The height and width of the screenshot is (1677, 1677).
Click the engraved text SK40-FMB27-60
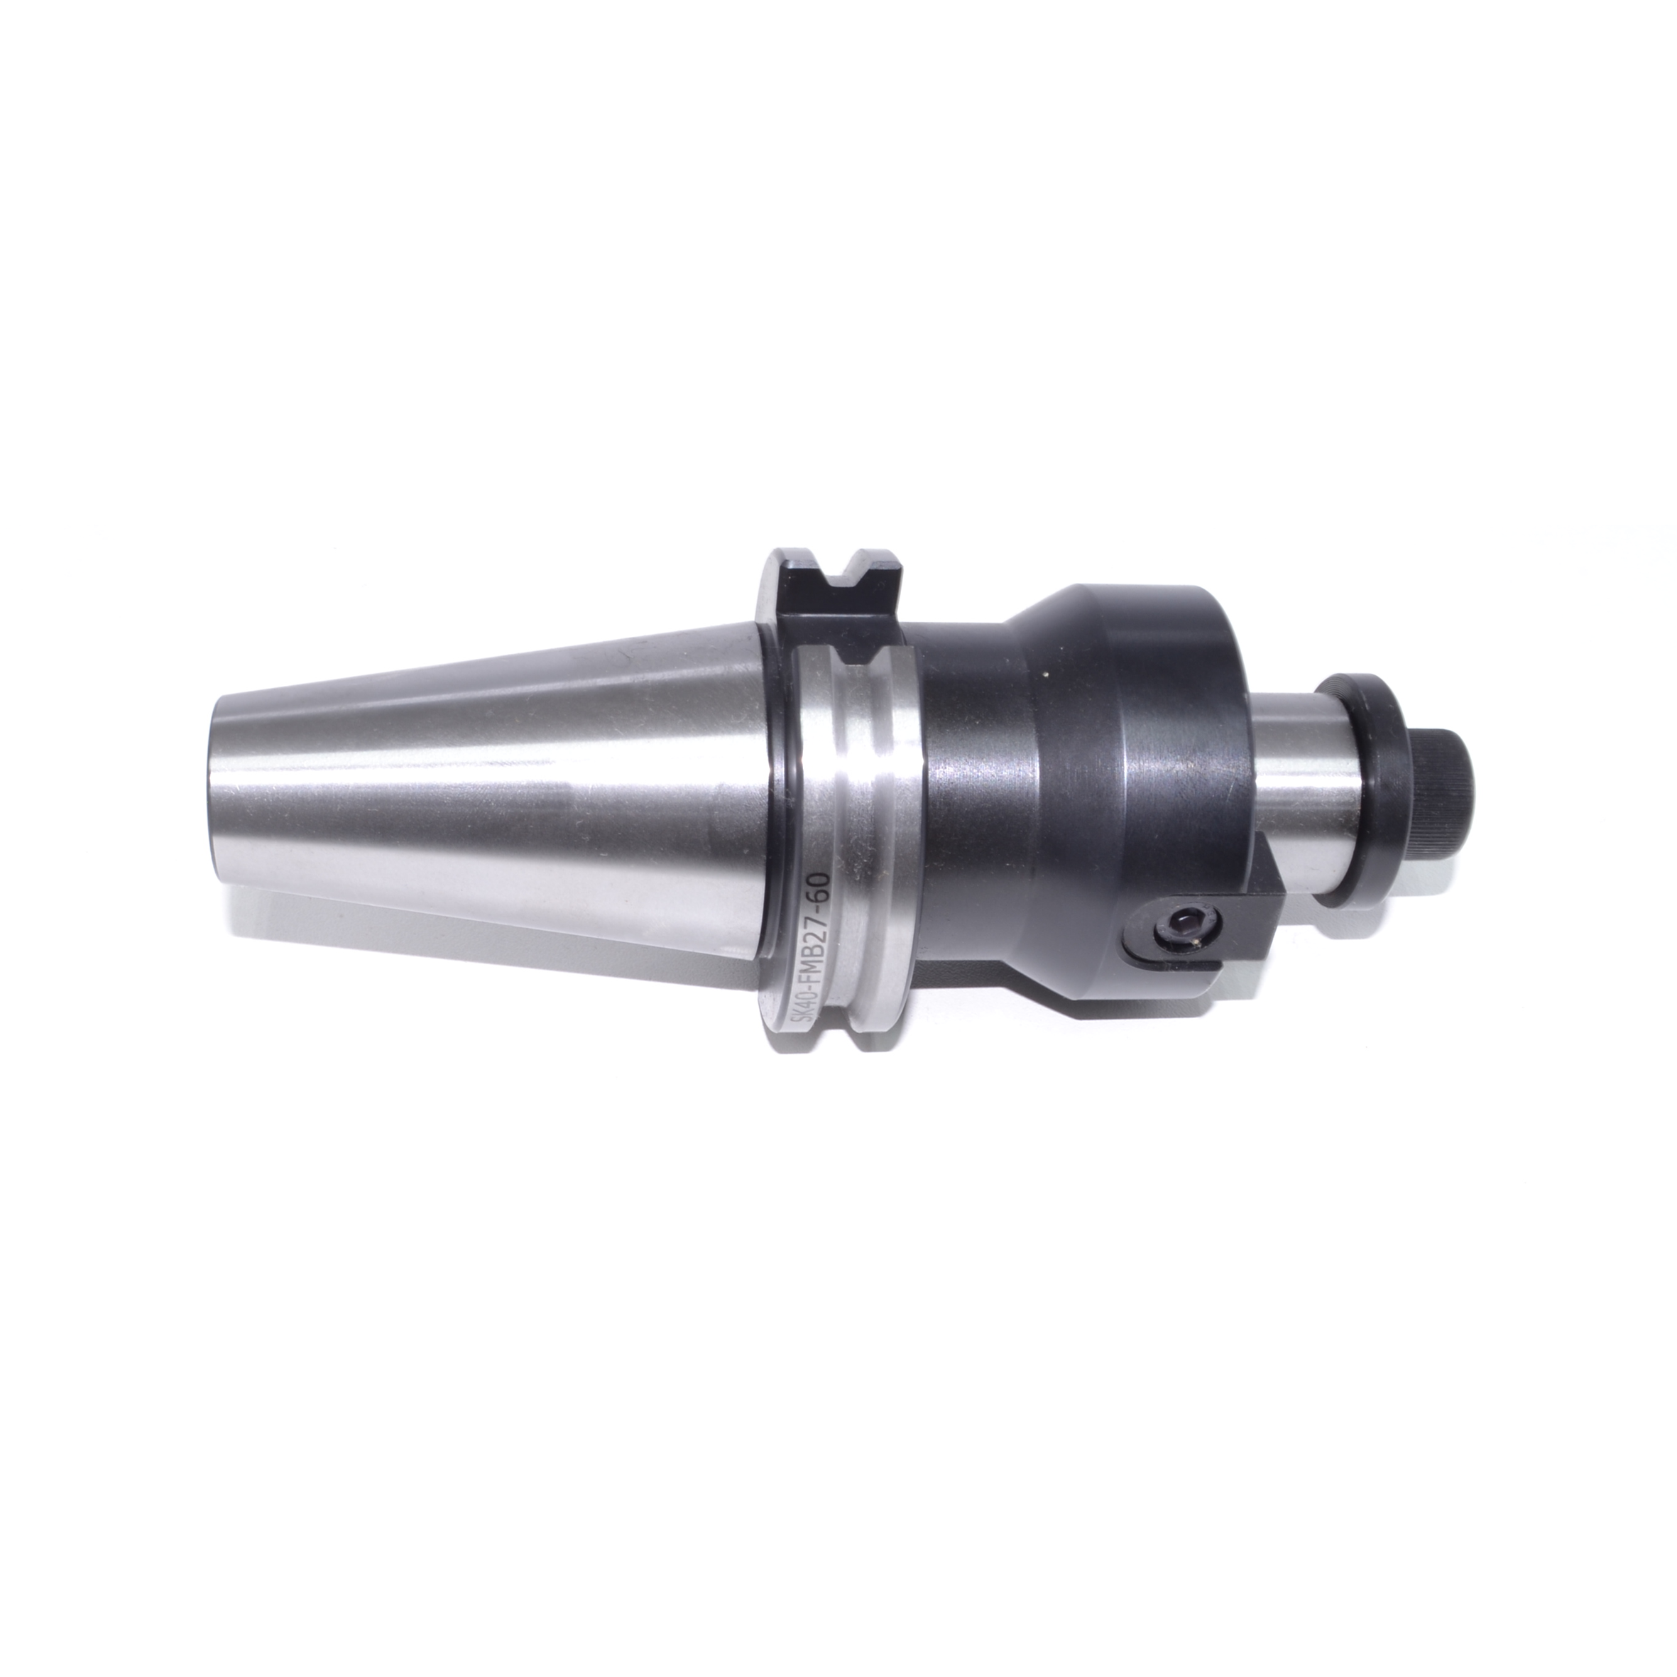815,961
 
